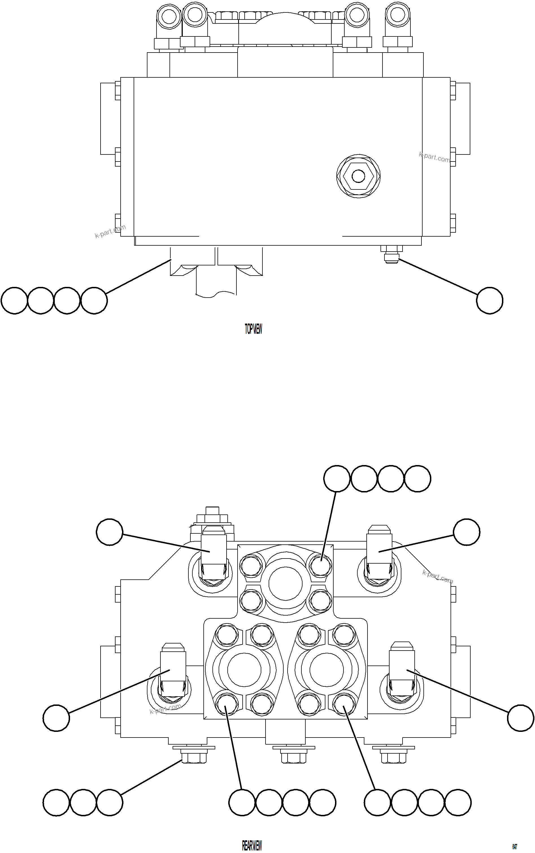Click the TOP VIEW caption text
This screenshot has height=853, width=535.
253,329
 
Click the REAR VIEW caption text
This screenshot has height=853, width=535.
252,846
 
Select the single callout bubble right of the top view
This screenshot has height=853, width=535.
489,300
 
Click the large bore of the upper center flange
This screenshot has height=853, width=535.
285,584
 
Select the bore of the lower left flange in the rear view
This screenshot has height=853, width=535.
244,669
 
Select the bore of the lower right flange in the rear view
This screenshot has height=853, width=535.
326,669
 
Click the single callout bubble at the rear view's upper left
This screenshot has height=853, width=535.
110,532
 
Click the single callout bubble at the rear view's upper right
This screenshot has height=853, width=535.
466,532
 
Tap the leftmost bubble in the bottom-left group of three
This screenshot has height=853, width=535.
56,802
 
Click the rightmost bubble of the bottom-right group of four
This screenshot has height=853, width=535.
458,802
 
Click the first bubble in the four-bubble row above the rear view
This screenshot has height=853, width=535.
337,479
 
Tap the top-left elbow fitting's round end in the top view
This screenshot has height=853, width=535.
169,16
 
